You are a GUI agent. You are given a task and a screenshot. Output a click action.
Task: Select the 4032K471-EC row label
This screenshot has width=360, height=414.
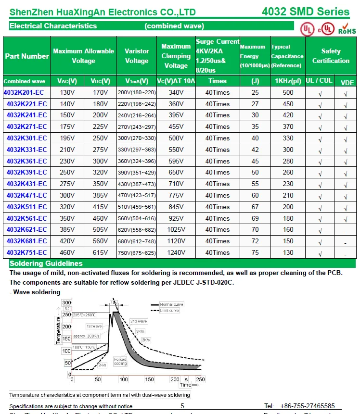pos(26,195)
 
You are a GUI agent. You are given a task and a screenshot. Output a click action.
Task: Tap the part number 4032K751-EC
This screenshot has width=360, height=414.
pos(26,252)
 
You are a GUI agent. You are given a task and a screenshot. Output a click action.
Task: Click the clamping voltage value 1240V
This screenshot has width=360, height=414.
pos(176,252)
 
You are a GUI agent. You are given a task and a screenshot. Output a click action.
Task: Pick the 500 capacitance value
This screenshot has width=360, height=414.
pos(288,92)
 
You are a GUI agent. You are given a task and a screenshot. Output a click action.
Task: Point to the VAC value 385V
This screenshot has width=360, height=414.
pos(67,229)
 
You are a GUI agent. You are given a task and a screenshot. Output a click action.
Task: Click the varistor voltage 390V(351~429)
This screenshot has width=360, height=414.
pos(137,173)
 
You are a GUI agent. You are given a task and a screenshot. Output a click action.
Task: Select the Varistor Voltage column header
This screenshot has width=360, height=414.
pos(137,56)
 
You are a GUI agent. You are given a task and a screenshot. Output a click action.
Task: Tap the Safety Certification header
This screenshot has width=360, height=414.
pos(331,56)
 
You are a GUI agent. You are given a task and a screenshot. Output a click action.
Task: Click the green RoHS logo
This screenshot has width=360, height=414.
pos(347,28)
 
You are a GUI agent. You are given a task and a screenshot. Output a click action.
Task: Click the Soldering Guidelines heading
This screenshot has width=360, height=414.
pos(46,263)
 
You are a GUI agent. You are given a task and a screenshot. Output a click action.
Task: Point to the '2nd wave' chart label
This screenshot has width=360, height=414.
pos(139,321)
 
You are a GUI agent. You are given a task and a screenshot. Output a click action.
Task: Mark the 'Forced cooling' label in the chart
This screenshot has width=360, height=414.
pos(120,362)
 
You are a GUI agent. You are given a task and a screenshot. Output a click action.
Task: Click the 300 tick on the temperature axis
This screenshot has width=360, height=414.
pos(66,302)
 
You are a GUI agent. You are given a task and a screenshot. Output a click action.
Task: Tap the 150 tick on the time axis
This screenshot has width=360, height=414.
pos(149,379)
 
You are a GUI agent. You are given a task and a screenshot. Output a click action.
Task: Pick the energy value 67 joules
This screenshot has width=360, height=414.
pos(255,207)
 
